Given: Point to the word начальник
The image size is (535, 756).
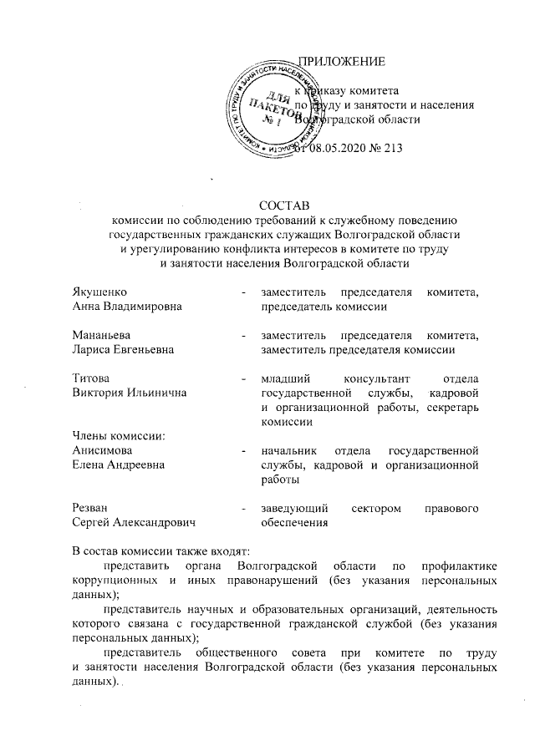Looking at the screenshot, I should tap(290, 449).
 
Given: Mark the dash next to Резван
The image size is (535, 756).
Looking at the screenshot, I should tap(242, 508).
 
